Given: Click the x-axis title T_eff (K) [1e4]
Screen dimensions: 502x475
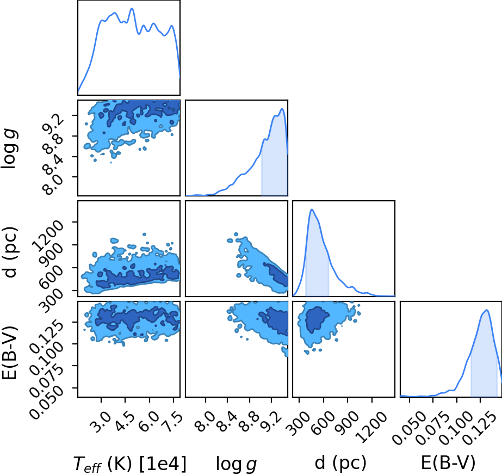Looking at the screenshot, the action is (129, 464).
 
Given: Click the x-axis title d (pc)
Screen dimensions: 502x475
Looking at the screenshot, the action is (340, 463).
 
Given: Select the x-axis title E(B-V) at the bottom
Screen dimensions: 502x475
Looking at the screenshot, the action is (448, 463).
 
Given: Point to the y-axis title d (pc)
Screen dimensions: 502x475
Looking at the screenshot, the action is (10, 252).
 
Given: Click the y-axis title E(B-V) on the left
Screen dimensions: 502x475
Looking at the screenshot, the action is (10, 353).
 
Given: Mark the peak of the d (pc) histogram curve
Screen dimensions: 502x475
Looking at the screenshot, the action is (312, 209).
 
